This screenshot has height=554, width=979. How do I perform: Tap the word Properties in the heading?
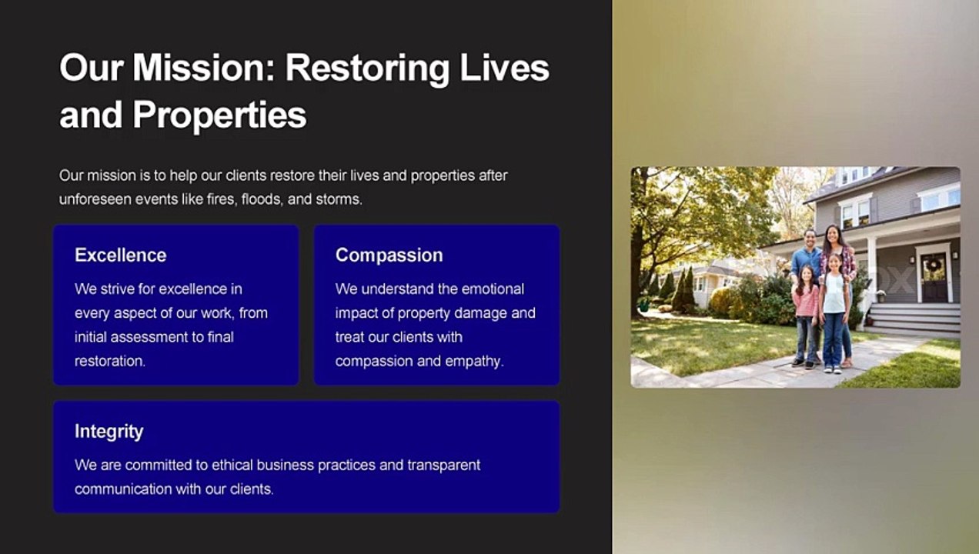[x=219, y=115]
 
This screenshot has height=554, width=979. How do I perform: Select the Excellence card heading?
[x=121, y=255]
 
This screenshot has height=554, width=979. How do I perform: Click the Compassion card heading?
[x=389, y=255]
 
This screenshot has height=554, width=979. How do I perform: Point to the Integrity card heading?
[x=109, y=432]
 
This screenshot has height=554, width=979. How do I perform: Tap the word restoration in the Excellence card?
[x=110, y=362]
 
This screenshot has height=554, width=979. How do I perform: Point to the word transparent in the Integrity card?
[x=443, y=466]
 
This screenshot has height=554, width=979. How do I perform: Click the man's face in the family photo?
[x=810, y=239]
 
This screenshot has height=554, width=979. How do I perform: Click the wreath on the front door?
[x=934, y=265]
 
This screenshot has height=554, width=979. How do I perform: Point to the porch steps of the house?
[x=914, y=320]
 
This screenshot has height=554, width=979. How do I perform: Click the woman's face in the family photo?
[x=833, y=235]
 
